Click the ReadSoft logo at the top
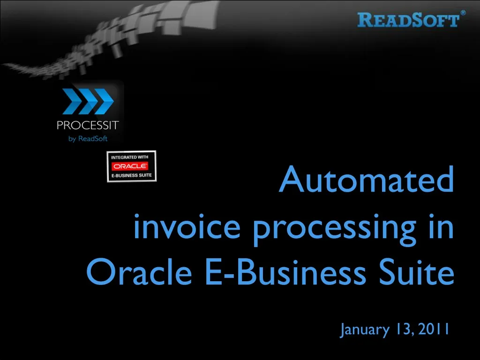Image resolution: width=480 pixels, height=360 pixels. click(x=408, y=20)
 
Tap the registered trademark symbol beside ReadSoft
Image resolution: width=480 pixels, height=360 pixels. click(x=463, y=13)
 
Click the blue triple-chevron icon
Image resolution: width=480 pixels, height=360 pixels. click(x=88, y=102)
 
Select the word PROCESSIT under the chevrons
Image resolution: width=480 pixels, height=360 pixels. click(x=88, y=126)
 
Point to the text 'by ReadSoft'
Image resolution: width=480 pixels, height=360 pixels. click(x=88, y=138)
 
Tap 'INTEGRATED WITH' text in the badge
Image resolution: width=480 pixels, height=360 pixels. click(x=129, y=157)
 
